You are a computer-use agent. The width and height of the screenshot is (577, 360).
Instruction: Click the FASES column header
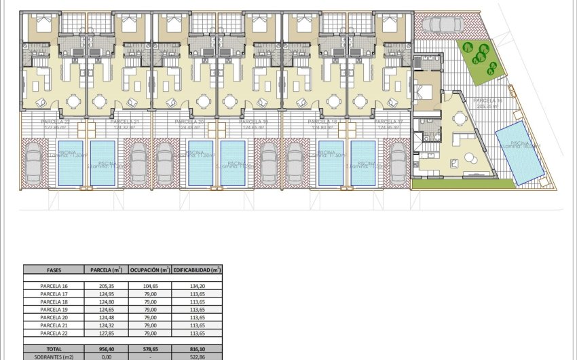[53, 270]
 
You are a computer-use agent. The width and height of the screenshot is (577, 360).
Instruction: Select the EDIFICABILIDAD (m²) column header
[197, 270]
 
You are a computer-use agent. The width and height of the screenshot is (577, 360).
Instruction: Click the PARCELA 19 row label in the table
[53, 310]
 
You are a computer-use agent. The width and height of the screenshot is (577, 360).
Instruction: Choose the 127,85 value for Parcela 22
[106, 334]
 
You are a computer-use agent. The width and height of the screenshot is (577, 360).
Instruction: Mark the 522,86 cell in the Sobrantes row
[197, 355]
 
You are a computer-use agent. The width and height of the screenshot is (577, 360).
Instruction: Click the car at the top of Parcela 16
[442, 25]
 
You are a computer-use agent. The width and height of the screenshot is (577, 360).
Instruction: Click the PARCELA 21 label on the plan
[126, 122]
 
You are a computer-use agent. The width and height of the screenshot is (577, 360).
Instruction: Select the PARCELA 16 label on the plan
[488, 101]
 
